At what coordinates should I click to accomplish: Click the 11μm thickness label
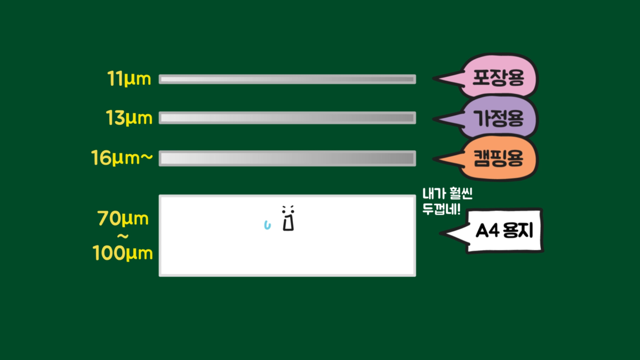[x=129, y=78]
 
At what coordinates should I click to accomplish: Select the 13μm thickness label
[x=129, y=117]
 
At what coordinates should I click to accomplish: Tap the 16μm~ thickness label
[x=122, y=158]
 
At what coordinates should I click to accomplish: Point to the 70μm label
[x=123, y=219]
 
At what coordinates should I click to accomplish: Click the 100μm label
[x=123, y=253]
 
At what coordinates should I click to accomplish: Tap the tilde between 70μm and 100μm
[x=123, y=236]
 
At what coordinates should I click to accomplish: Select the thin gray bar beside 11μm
[x=287, y=79]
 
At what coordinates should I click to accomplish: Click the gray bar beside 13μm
[x=287, y=118]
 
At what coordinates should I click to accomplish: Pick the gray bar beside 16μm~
[x=287, y=158]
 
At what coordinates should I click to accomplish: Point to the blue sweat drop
[x=267, y=225]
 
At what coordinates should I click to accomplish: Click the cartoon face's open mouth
[x=289, y=223]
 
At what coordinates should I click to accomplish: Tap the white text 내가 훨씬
[x=447, y=194]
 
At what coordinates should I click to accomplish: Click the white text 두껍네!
[x=442, y=209]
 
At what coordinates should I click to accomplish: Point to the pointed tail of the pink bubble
[x=434, y=78]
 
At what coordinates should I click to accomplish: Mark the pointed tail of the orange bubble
[x=434, y=159]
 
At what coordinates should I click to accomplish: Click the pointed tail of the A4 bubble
[x=441, y=234]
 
